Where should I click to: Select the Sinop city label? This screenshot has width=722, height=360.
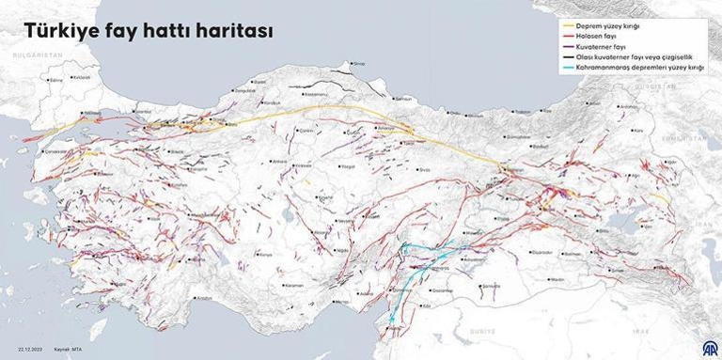pos(358,63)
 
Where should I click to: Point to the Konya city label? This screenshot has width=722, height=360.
pos(265,255)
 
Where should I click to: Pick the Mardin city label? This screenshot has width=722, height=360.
pos(558,279)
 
